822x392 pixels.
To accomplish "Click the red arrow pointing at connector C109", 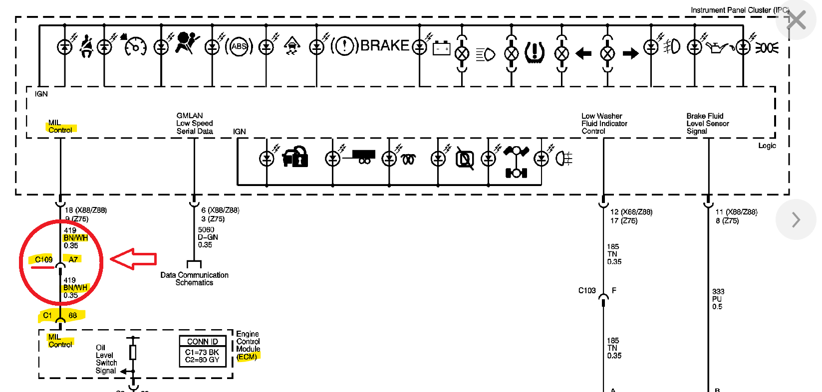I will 133,259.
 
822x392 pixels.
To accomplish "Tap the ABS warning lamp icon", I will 239,47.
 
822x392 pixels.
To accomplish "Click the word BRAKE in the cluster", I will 384,46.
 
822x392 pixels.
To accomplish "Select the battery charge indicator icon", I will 441,48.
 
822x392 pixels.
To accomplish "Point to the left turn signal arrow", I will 583,53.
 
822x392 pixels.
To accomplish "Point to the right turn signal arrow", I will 630,53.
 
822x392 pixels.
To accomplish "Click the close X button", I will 796,20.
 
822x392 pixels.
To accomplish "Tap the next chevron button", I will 796,219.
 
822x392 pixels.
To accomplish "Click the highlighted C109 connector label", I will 44,259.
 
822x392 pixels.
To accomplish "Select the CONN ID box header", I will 203,342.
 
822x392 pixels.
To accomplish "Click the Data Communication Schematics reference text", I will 195,279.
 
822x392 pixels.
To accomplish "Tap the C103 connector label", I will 587,290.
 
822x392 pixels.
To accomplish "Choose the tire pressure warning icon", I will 535,52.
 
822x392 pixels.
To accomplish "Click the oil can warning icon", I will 718,48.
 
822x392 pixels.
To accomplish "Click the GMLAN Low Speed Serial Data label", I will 195,123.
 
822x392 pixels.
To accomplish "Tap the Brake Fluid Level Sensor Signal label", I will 707,123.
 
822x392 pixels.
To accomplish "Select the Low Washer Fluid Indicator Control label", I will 604,123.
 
